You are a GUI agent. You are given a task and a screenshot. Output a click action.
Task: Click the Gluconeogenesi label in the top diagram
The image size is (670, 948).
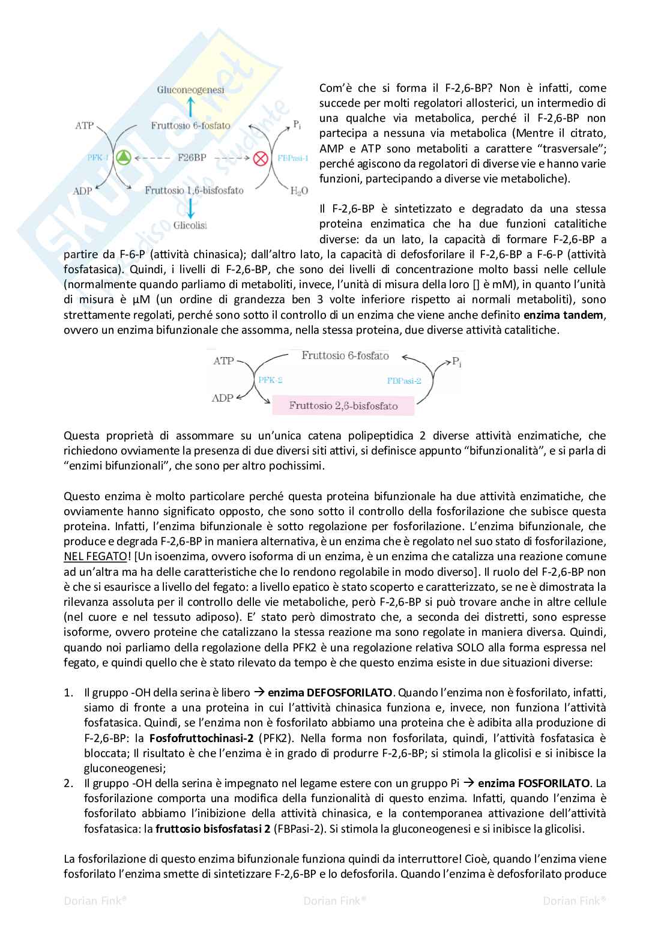coord(190,90)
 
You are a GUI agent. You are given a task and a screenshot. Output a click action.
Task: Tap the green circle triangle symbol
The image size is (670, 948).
coord(124,158)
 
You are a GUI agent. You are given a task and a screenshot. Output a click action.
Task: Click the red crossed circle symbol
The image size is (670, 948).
coord(260,159)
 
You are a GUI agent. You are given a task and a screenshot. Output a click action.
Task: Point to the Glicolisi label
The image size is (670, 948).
coord(190,226)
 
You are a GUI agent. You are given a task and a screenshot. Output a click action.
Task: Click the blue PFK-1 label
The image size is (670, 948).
coord(98,158)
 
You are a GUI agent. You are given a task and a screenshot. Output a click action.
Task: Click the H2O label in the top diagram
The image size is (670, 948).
coord(299,191)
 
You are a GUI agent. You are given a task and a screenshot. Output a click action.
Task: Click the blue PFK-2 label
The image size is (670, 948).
coord(270,380)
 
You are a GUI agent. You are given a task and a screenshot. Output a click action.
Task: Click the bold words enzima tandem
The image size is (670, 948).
coord(564,315)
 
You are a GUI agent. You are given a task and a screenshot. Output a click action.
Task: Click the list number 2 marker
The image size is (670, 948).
coord(68,783)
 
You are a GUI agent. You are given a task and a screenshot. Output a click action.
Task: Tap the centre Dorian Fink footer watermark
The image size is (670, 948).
coord(335,901)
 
